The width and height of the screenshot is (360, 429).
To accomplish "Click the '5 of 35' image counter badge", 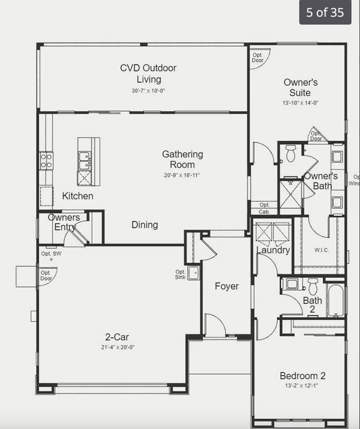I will (325, 12).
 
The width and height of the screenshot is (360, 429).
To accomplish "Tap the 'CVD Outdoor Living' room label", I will (148, 74).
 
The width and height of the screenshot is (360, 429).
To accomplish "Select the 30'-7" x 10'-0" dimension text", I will (148, 91).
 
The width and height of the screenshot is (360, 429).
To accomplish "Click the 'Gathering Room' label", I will (182, 159).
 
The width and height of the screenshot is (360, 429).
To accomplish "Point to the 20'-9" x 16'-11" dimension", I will (182, 175).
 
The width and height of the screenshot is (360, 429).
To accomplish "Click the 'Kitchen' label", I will (78, 196).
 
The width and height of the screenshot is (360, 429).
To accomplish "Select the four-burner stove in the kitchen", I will (46, 161).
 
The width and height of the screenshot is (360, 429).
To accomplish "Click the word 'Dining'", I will (145, 225).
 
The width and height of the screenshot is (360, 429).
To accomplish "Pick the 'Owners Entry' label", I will (64, 222).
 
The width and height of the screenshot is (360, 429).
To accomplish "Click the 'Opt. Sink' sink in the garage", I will (193, 273).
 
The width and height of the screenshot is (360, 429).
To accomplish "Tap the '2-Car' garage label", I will (117, 337).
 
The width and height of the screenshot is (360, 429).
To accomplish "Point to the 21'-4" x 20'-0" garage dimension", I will (117, 347).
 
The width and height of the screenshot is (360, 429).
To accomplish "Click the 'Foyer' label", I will (227, 286).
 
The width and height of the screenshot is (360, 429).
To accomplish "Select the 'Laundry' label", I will (273, 250).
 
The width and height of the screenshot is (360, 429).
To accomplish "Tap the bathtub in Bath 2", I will (336, 301).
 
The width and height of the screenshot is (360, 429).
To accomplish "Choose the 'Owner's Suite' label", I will (300, 87).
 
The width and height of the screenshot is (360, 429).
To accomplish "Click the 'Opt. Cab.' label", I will (265, 208).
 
